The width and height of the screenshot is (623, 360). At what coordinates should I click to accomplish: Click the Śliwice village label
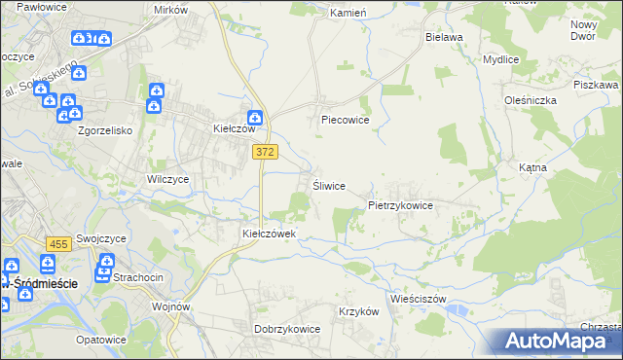[328, 186]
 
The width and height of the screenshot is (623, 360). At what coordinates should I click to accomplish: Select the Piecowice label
[346, 121]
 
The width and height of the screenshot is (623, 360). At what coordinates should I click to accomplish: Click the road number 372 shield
[265, 152]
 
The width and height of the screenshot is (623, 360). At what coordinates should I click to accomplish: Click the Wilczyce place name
[167, 180]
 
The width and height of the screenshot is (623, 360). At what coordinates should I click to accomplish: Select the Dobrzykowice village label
[287, 329]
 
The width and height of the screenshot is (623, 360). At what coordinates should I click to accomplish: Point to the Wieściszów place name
[418, 299]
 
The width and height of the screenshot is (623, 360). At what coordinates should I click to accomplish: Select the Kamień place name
[347, 14]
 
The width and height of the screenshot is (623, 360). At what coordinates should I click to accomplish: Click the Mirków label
[170, 9]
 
